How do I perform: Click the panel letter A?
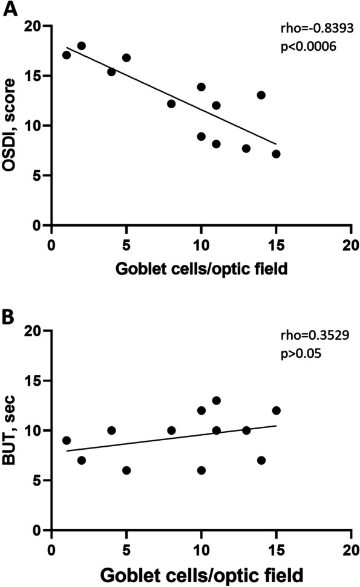pyautogui.click(x=9, y=10)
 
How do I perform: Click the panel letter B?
pyautogui.click(x=9, y=315)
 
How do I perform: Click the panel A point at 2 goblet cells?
pyautogui.click(x=81, y=46)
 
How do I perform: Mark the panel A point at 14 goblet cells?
pyautogui.click(x=261, y=95)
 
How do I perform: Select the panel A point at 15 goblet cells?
pyautogui.click(x=276, y=154)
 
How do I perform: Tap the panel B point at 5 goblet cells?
pyautogui.click(x=126, y=470)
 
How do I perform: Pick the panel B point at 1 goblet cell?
pyautogui.click(x=67, y=441)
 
